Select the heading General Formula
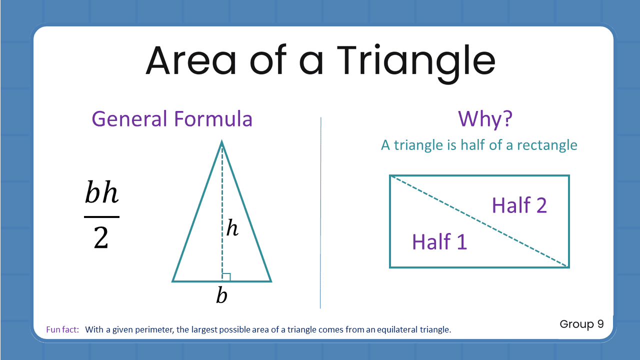point(172,119)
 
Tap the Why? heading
point(485,119)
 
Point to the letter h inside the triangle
point(232,228)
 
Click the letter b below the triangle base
point(221,296)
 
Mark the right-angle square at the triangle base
point(226,277)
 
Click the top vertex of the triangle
point(221,142)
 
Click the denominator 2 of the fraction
point(101,238)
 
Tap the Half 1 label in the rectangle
point(439,242)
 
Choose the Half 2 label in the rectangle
point(519,205)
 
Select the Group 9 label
point(581,324)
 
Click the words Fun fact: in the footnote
point(62,330)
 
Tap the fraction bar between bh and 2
point(101,217)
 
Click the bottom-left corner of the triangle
point(173,281)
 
